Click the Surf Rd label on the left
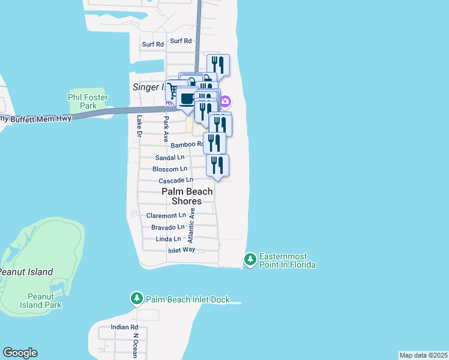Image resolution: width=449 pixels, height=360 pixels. point(153,44)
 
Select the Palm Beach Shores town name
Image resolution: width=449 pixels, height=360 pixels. point(187,196)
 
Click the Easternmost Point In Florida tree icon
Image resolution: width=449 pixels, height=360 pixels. point(250,259)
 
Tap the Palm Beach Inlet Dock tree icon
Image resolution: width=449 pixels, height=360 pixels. point(137,298)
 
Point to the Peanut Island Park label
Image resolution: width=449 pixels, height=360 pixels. point(44,301)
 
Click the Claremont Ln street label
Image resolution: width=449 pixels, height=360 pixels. point(166,215)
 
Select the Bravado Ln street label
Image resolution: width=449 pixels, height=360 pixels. point(167,227)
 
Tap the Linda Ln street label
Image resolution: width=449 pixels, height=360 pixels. point(168,239)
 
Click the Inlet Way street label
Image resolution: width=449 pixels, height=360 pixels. point(181,250)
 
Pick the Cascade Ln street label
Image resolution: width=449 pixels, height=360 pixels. point(176,181)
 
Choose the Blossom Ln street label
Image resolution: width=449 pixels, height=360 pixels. point(170,169)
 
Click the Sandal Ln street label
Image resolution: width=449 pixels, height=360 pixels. point(170,157)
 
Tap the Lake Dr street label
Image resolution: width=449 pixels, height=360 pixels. point(138,126)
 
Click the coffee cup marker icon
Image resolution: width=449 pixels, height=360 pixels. point(187,98)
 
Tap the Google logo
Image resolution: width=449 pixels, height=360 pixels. point(20,353)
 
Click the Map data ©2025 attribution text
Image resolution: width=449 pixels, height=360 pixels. point(423,355)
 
